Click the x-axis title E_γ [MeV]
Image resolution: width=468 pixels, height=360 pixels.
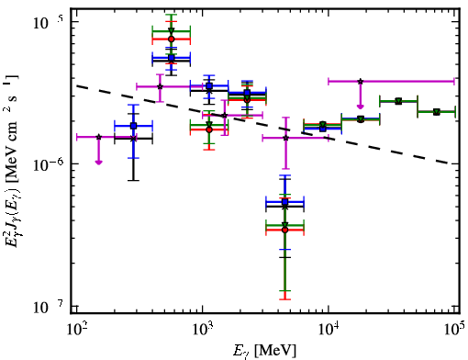[x=264, y=351]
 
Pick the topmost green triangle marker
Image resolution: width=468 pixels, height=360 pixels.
[x=172, y=31]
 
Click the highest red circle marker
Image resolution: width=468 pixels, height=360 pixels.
[x=172, y=39]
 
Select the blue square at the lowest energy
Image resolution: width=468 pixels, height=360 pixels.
[x=133, y=126]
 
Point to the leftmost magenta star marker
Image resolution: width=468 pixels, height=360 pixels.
[x=98, y=137]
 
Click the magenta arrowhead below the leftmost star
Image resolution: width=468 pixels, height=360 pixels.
[x=98, y=162]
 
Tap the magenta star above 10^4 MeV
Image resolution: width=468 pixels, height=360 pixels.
[x=361, y=82]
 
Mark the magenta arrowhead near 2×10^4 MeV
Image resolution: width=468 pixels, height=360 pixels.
[x=361, y=106]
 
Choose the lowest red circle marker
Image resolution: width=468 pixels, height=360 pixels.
[x=285, y=230]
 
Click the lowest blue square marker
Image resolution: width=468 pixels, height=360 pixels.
[x=285, y=202]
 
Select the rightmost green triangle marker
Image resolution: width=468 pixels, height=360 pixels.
[x=437, y=112]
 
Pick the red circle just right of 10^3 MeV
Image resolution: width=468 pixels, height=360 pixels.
[x=209, y=129]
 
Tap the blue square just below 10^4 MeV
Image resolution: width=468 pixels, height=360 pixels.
[x=323, y=129]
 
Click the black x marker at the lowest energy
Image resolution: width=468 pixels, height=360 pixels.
[x=133, y=139]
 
